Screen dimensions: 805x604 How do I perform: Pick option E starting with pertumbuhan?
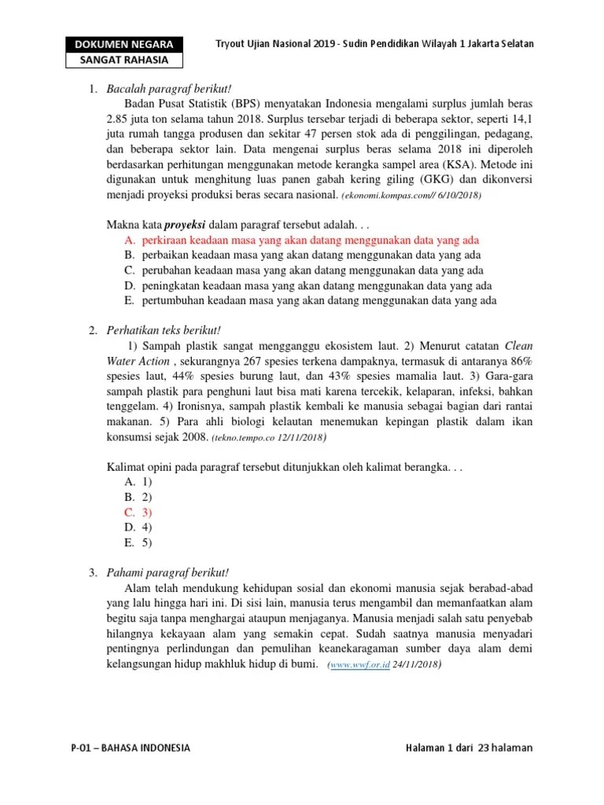pos(319,300)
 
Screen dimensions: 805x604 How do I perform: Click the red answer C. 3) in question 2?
pos(138,512)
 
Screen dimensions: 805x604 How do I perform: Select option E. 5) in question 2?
pos(138,542)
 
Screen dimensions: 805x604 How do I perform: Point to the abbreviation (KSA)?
pos(467,164)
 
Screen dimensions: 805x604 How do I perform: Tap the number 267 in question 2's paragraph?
pos(234,360)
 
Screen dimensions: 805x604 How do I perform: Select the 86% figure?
pos(519,360)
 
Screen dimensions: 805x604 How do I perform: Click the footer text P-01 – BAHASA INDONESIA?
pos(130,748)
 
